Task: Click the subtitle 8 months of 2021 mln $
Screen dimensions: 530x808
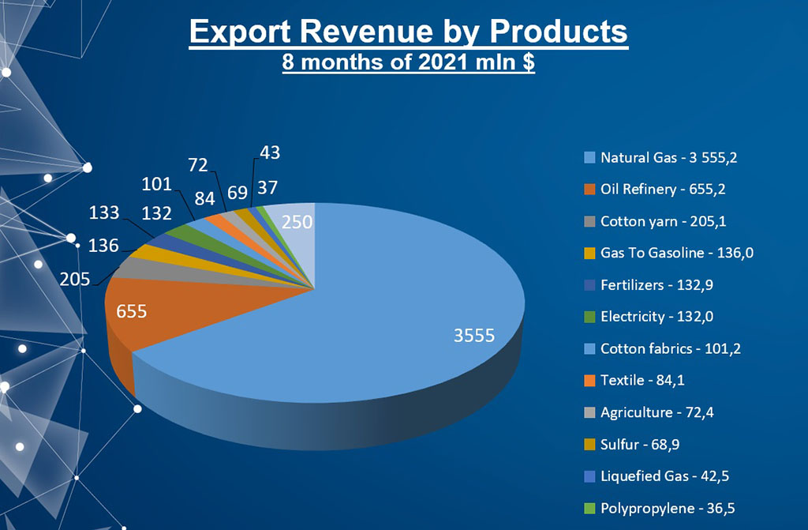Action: click(x=409, y=62)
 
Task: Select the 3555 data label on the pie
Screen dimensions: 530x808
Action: click(x=473, y=336)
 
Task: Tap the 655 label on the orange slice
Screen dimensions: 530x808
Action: click(x=131, y=310)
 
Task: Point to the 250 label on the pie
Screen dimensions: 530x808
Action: click(x=297, y=223)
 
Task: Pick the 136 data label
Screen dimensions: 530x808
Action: click(x=103, y=246)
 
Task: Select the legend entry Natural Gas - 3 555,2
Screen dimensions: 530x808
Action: click(x=668, y=158)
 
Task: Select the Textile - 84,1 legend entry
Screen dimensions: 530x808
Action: click(x=642, y=381)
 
